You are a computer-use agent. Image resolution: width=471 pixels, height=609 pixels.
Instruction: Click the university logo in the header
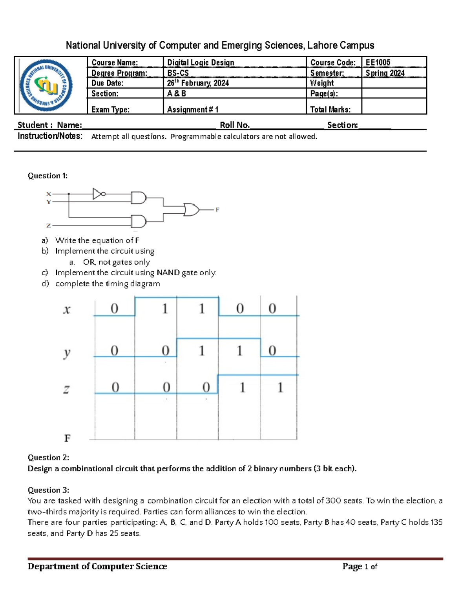tap(46, 85)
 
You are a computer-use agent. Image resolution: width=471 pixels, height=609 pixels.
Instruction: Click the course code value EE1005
tap(378, 62)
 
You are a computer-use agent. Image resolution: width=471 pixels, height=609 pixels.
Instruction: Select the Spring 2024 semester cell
tap(385, 73)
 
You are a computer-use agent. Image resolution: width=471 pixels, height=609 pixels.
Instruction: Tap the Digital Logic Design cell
tap(201, 62)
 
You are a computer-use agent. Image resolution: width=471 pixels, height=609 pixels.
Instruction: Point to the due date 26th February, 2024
tap(198, 83)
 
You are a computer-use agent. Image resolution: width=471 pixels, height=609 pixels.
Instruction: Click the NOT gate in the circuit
tap(98, 194)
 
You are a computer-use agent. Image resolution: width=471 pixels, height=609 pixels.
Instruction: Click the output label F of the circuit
tap(217, 210)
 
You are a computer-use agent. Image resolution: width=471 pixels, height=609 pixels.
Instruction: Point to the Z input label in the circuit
tap(48, 225)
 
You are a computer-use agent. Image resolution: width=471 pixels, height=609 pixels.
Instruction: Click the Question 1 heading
tap(47, 176)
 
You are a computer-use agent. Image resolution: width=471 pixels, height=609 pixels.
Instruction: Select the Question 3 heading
tap(48, 490)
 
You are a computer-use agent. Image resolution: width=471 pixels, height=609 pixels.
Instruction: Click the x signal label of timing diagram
tap(67, 310)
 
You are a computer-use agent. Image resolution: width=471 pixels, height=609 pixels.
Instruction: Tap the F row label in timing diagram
tap(67, 438)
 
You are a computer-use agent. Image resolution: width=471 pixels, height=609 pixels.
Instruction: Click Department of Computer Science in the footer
tap(97, 566)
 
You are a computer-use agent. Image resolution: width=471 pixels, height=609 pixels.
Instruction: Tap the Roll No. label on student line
tap(234, 125)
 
